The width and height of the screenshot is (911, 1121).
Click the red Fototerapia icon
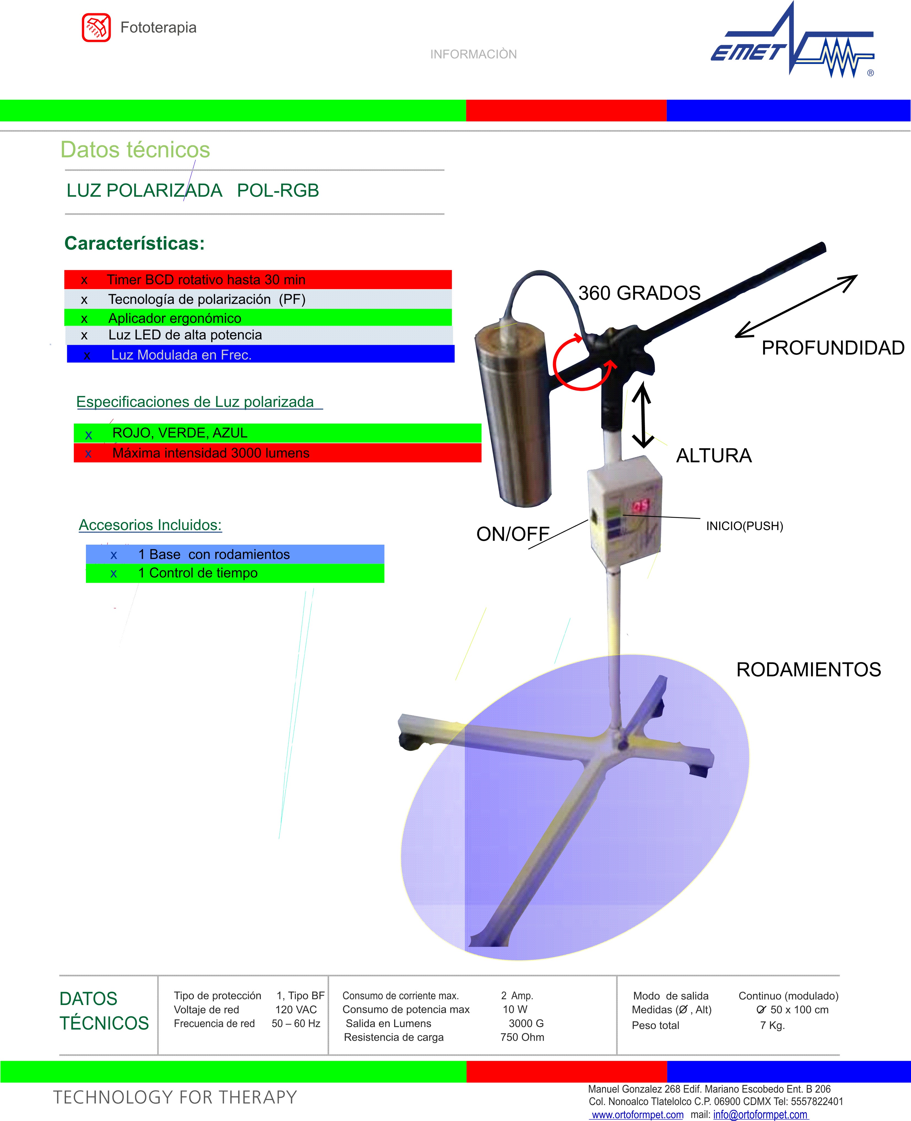96,27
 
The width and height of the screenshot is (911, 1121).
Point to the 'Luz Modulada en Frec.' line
181,355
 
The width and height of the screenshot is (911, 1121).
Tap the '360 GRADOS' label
639,293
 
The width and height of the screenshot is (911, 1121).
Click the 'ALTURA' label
714,456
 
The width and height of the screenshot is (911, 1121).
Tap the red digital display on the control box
640,506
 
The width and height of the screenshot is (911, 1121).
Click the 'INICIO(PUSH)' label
744,526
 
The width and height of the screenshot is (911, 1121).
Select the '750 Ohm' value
522,1037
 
